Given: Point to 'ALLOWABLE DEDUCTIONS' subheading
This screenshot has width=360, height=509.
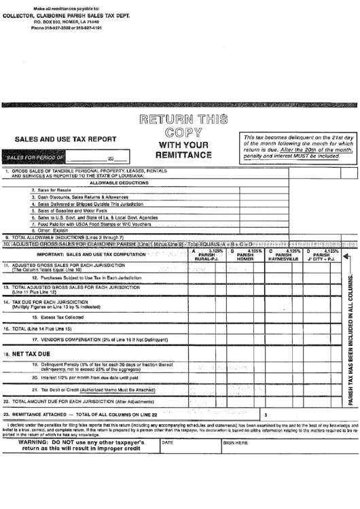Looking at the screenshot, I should (x=119, y=183).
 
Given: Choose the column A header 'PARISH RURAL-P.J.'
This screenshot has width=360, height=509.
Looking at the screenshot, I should (x=206, y=256).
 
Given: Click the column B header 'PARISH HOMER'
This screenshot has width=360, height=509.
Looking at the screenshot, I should (x=245, y=256).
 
